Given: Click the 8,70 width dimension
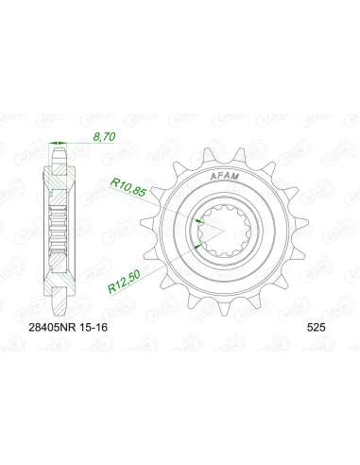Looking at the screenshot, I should [x=105, y=138].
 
